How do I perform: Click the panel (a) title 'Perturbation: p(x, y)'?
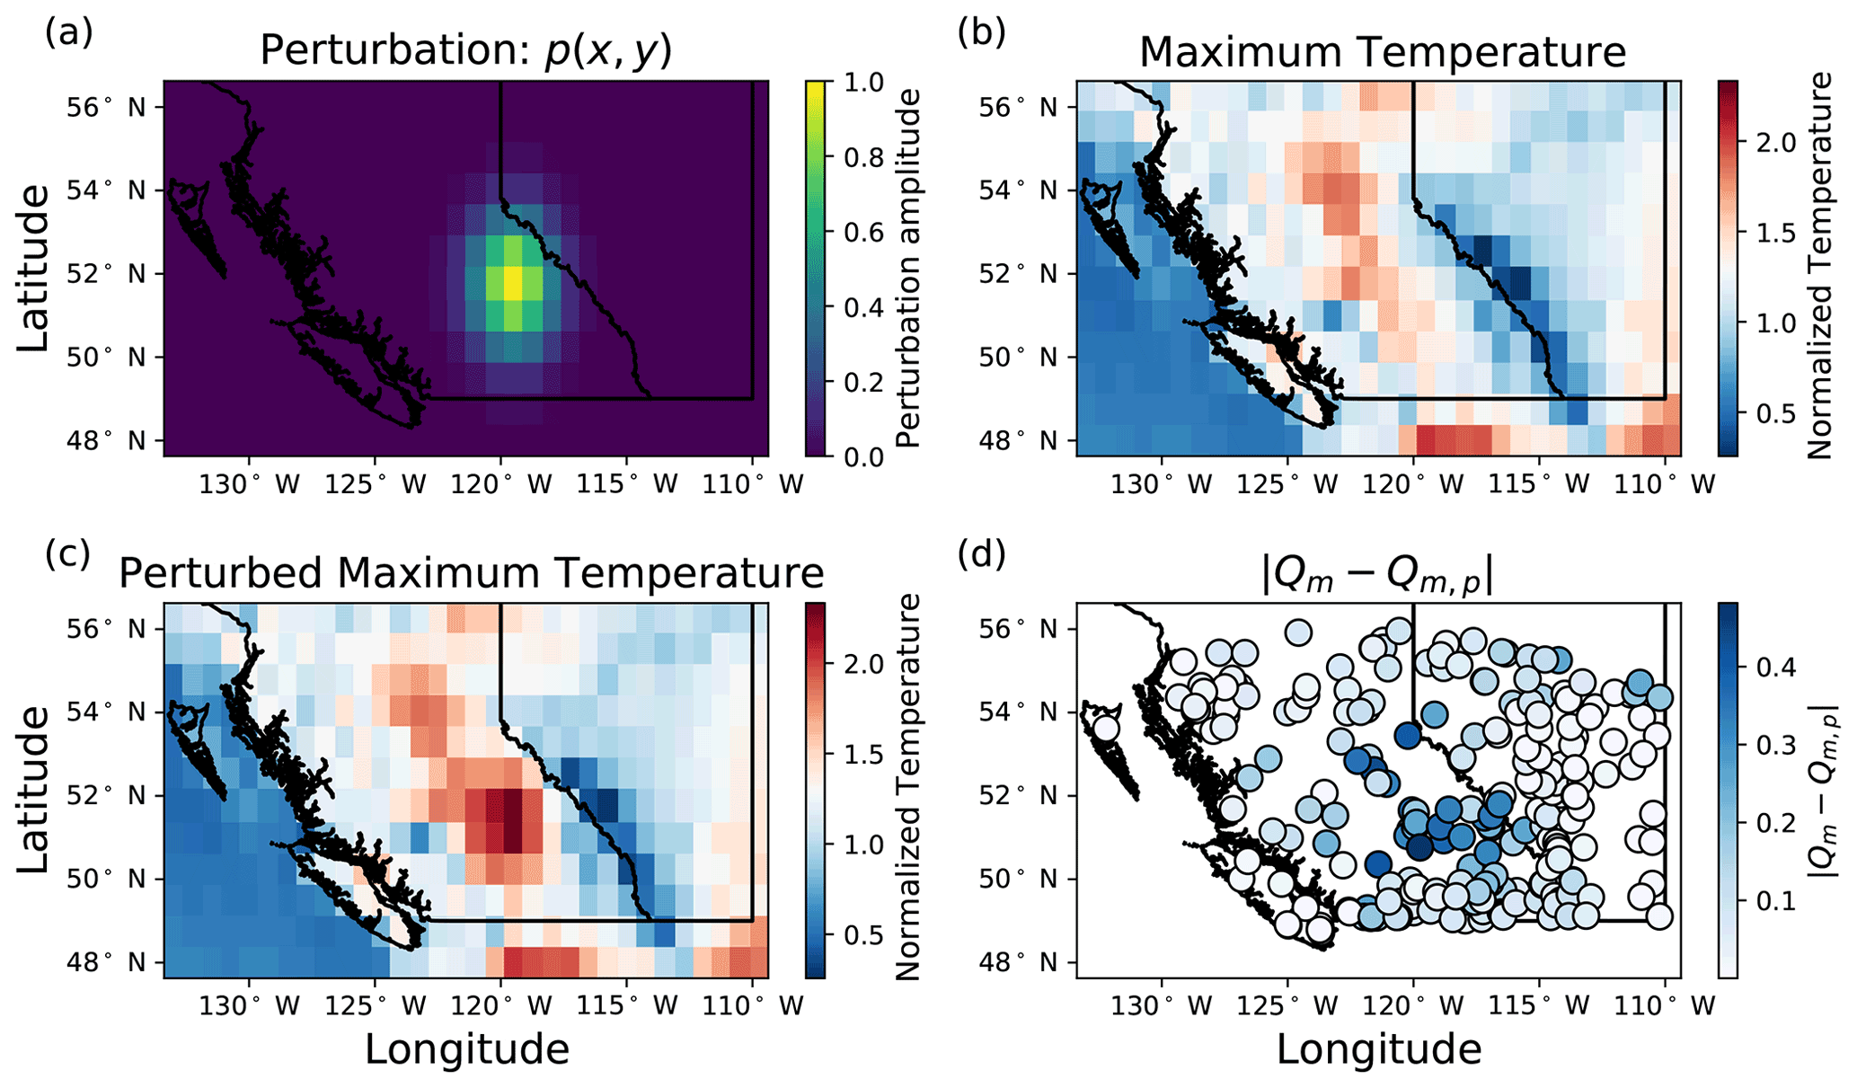[x=465, y=51]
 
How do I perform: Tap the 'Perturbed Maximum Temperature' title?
[x=471, y=573]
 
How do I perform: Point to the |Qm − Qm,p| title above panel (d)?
[x=1377, y=575]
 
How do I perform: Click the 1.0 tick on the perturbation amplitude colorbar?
[x=864, y=83]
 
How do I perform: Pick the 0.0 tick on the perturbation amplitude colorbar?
[x=864, y=457]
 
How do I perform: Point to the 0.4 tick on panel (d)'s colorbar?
[x=1775, y=667]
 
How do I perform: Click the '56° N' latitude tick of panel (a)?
[x=106, y=107]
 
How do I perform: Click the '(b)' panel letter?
[x=981, y=32]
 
